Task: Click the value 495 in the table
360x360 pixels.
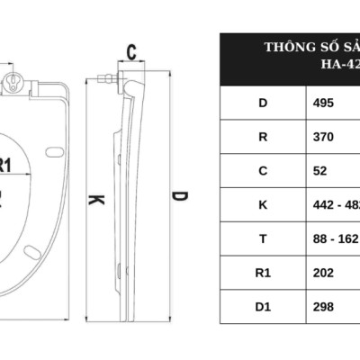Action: pos(323,103)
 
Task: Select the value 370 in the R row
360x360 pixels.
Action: pos(323,136)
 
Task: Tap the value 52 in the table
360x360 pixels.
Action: pos(319,170)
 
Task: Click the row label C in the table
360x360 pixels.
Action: pos(263,170)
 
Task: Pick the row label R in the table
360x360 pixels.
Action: pos(263,136)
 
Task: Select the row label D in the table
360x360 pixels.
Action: pos(263,103)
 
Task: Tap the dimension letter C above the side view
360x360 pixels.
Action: pos(130,52)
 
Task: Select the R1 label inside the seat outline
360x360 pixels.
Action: pos(6,165)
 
